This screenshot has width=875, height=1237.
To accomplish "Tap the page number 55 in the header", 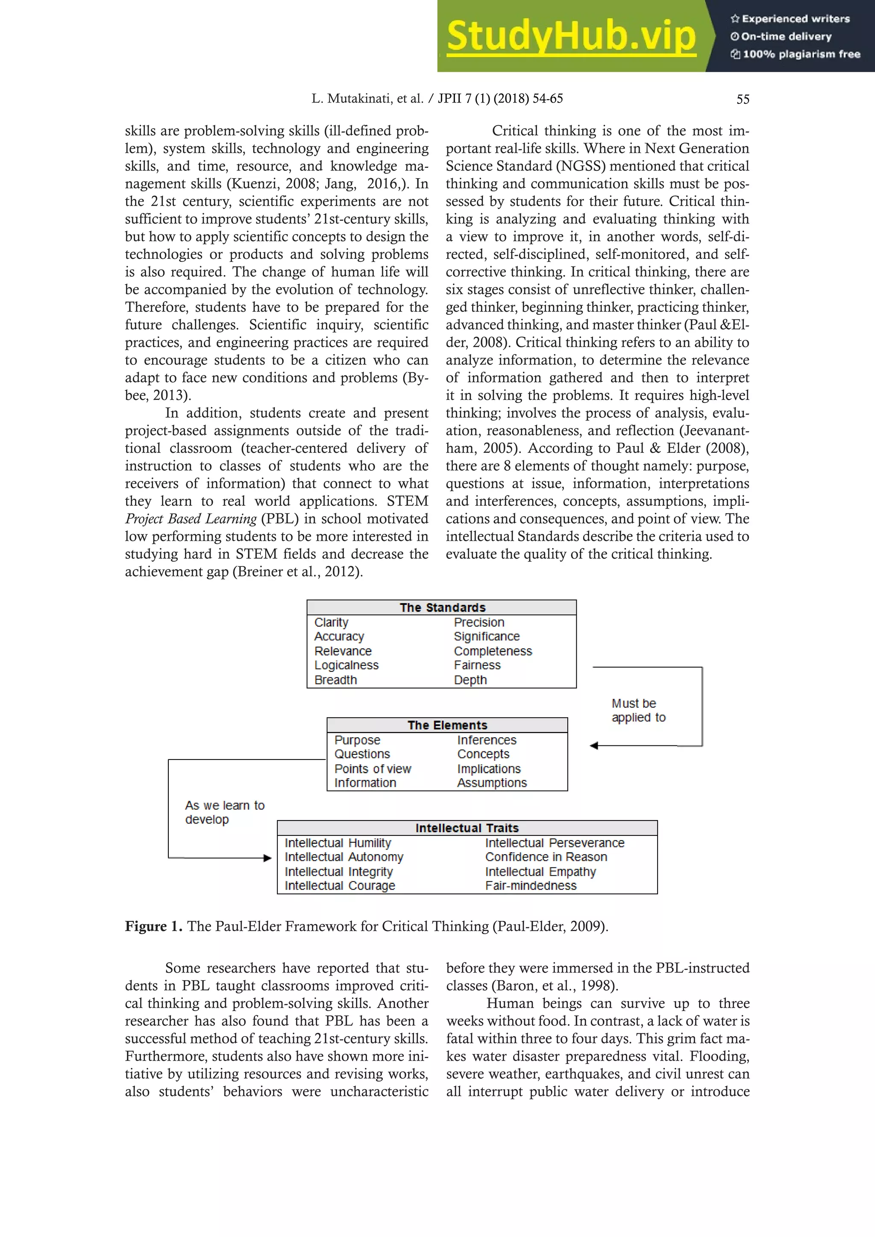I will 743,99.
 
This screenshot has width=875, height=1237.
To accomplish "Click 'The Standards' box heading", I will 442,607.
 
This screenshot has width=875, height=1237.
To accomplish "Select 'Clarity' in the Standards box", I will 332,622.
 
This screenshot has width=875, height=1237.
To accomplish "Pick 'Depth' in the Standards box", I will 470,680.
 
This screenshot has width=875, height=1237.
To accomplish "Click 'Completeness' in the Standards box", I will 493,651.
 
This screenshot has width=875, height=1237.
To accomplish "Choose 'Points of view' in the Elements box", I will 372,769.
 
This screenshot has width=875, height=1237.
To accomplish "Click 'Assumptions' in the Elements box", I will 492,783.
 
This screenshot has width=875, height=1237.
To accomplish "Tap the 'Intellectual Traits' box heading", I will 467,828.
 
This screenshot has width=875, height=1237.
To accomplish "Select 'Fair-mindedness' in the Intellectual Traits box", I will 530,886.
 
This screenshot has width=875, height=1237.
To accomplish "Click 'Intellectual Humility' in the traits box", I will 338,843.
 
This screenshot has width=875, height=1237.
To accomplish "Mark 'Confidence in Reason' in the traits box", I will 546,857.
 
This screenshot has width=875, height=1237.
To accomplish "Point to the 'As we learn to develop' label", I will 224,812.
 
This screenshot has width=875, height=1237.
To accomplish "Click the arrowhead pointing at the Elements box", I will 594,746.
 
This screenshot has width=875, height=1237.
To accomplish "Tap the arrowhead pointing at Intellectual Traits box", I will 267,858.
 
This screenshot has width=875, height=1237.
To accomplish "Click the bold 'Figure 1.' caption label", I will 153,926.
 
